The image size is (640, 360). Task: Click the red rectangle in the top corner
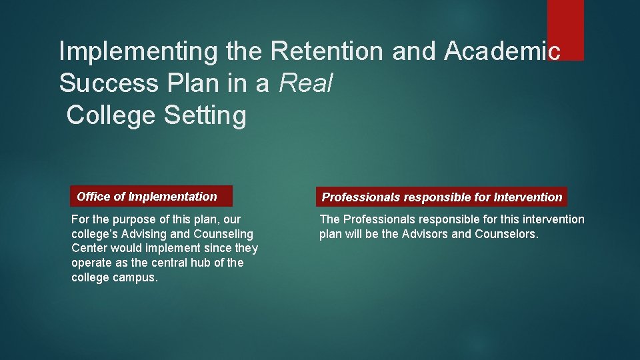[x=565, y=29]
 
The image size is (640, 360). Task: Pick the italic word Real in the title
[x=306, y=83]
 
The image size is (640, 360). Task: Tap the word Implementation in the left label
[x=173, y=197]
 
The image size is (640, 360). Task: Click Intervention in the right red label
[x=528, y=197]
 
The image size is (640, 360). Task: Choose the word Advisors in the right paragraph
[x=426, y=234]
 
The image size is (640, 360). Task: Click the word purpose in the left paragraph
[x=131, y=219]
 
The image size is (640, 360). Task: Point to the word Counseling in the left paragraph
[x=223, y=234]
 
